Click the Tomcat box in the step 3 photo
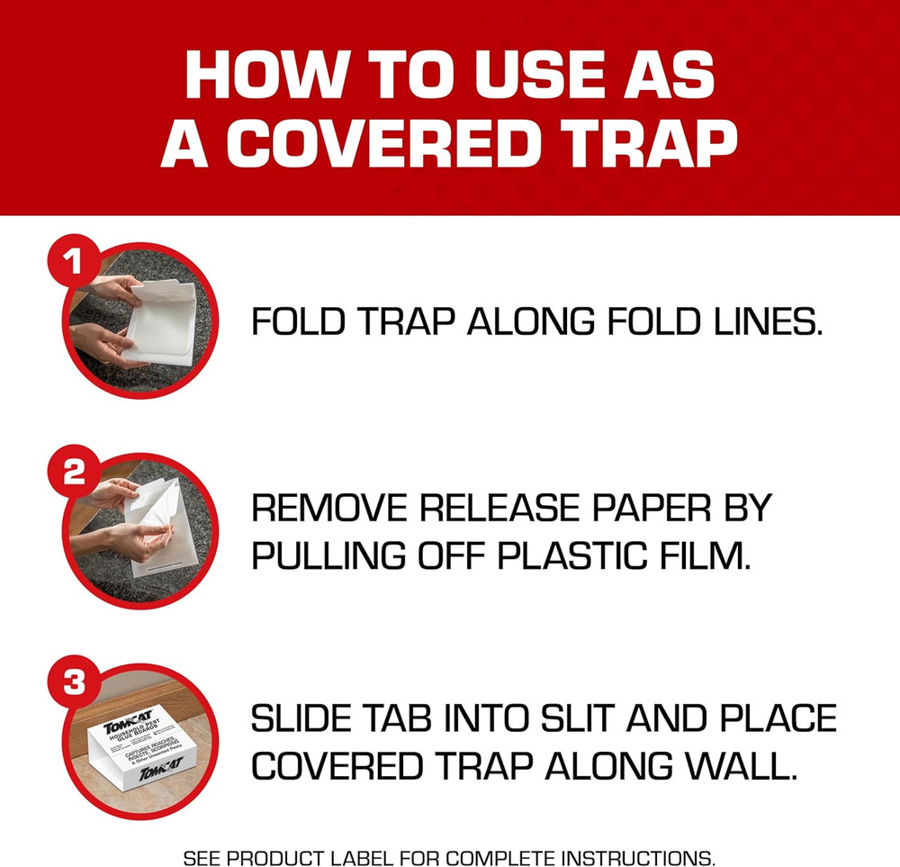[142, 743]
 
